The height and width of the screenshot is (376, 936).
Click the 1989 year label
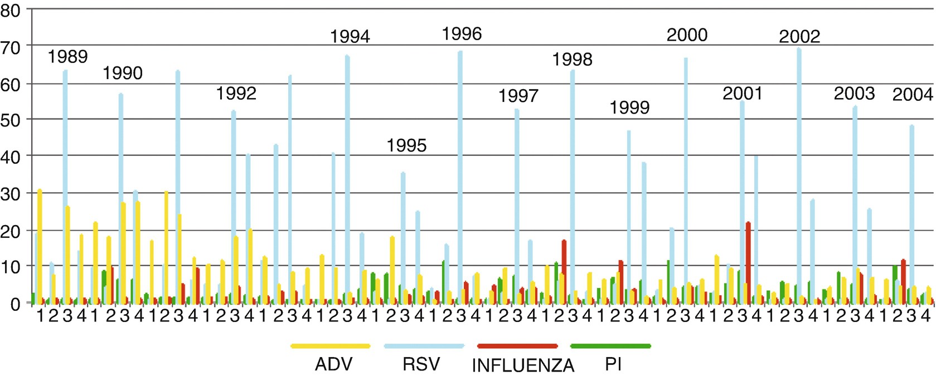point(67,57)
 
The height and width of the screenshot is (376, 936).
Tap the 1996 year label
point(462,34)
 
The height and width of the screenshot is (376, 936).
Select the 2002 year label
point(799,37)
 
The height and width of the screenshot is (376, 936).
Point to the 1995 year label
point(406,145)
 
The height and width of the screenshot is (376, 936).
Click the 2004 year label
point(913,95)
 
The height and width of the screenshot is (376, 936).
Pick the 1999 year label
point(629,107)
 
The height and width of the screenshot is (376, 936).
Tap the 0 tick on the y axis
point(14,304)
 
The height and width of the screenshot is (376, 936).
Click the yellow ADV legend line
point(331,346)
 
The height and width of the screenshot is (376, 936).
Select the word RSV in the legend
point(421,364)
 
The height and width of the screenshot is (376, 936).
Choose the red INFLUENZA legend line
point(517,346)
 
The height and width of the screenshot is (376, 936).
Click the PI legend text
point(613,364)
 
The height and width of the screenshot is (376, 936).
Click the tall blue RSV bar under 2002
point(799,178)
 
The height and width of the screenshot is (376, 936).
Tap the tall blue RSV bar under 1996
point(460,178)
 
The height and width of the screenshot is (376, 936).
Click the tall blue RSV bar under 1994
point(347,178)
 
